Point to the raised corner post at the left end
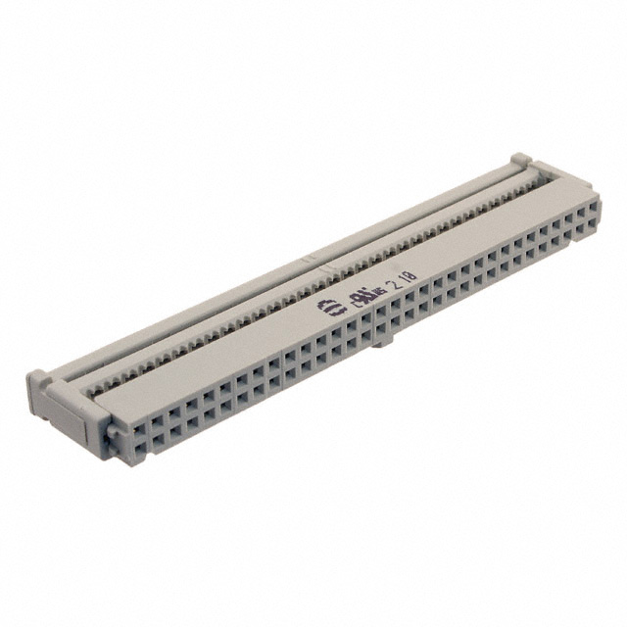point(36,376)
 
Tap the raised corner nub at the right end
point(520,158)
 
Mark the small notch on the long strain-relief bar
point(310,263)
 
